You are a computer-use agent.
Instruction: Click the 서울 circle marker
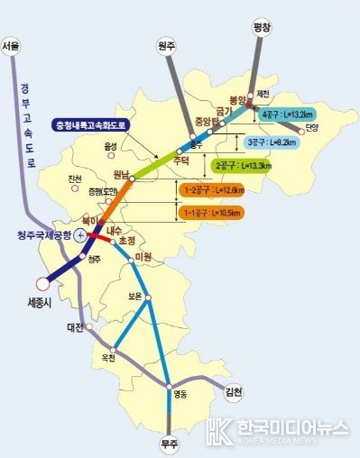[x=12, y=60]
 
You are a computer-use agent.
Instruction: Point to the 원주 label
[x=167, y=44]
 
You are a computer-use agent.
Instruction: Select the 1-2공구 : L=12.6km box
[x=213, y=191]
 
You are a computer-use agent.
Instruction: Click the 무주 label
[x=169, y=443]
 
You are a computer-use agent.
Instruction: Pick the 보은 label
[x=136, y=293]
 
